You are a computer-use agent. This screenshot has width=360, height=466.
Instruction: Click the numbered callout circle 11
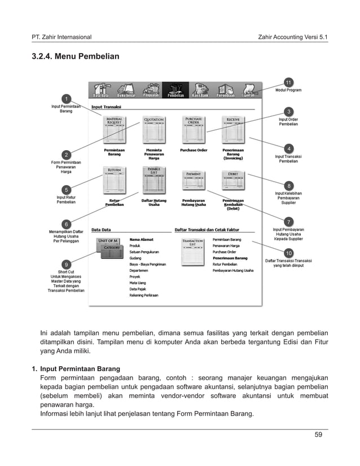pyautogui.click(x=288, y=83)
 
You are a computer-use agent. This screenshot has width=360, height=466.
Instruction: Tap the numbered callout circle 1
pyautogui.click(x=66, y=99)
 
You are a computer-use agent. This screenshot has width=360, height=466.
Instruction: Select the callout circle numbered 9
pyautogui.click(x=66, y=264)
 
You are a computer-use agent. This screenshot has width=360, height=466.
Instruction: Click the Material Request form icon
pyautogui.click(x=115, y=129)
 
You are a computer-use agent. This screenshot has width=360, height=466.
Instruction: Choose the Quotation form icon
pyautogui.click(x=153, y=129)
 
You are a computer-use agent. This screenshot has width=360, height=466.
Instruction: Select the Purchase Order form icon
pyautogui.click(x=194, y=129)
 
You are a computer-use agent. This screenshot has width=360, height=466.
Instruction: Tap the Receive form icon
pyautogui.click(x=232, y=129)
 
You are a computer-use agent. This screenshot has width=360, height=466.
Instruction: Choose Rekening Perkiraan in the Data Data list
pyautogui.click(x=143, y=295)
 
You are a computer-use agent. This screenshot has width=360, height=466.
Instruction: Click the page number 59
pyautogui.click(x=318, y=434)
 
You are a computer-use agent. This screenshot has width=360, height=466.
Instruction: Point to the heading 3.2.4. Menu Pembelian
pyautogui.click(x=75, y=57)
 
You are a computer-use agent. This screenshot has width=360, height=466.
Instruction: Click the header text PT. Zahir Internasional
pyautogui.click(x=62, y=37)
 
